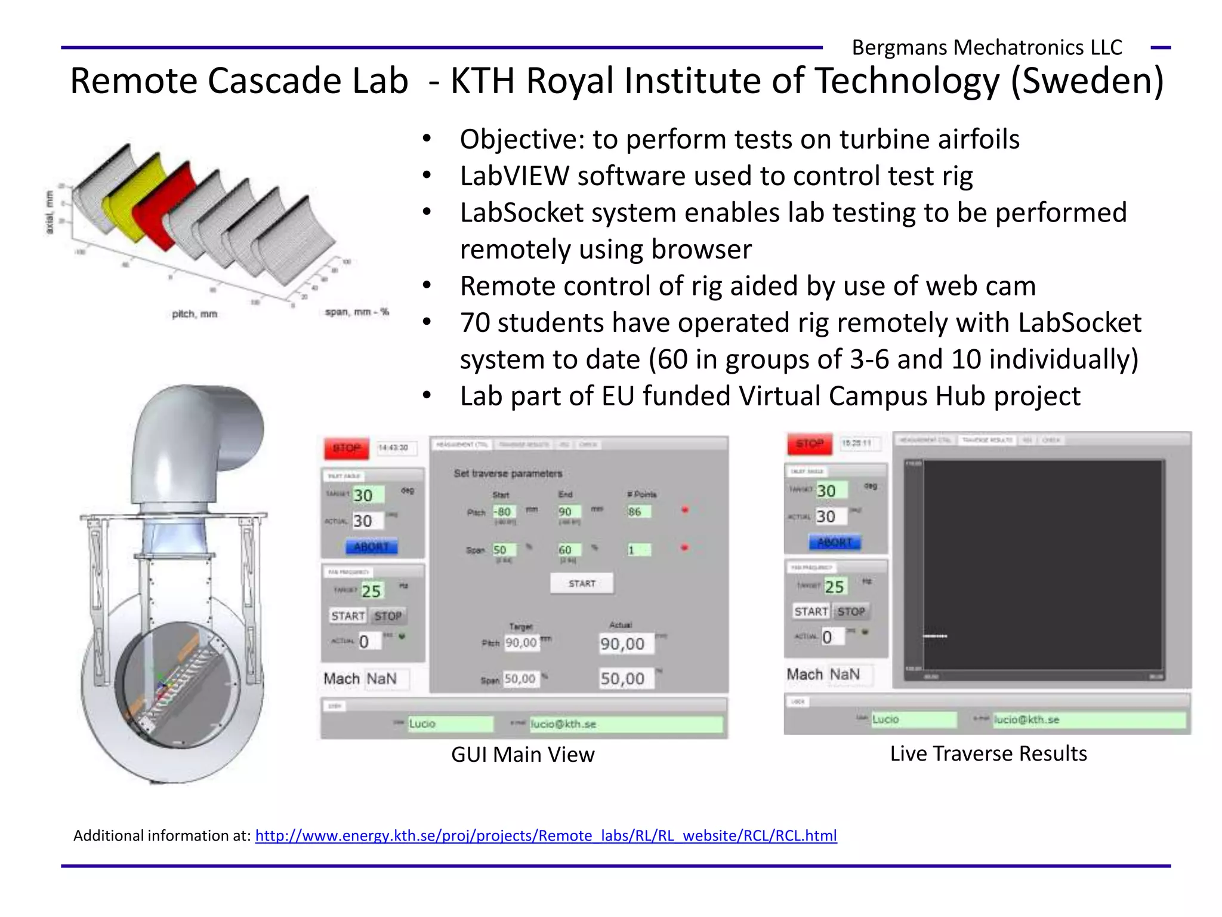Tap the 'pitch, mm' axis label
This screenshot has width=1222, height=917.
(x=195, y=314)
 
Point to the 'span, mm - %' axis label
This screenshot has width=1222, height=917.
(x=356, y=312)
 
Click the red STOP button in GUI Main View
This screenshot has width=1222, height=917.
(x=346, y=448)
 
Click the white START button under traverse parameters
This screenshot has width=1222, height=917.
(x=582, y=583)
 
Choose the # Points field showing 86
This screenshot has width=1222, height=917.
(x=638, y=512)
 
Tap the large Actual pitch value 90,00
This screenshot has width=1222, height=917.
(x=623, y=644)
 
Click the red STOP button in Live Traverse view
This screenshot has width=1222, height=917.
(x=809, y=444)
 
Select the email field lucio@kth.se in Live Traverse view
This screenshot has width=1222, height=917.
(x=1088, y=719)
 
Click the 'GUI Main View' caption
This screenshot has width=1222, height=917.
(x=523, y=755)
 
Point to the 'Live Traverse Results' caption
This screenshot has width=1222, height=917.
(x=988, y=753)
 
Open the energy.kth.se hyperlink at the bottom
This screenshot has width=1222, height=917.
(x=545, y=835)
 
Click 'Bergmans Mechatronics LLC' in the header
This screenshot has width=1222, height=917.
(x=986, y=47)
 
